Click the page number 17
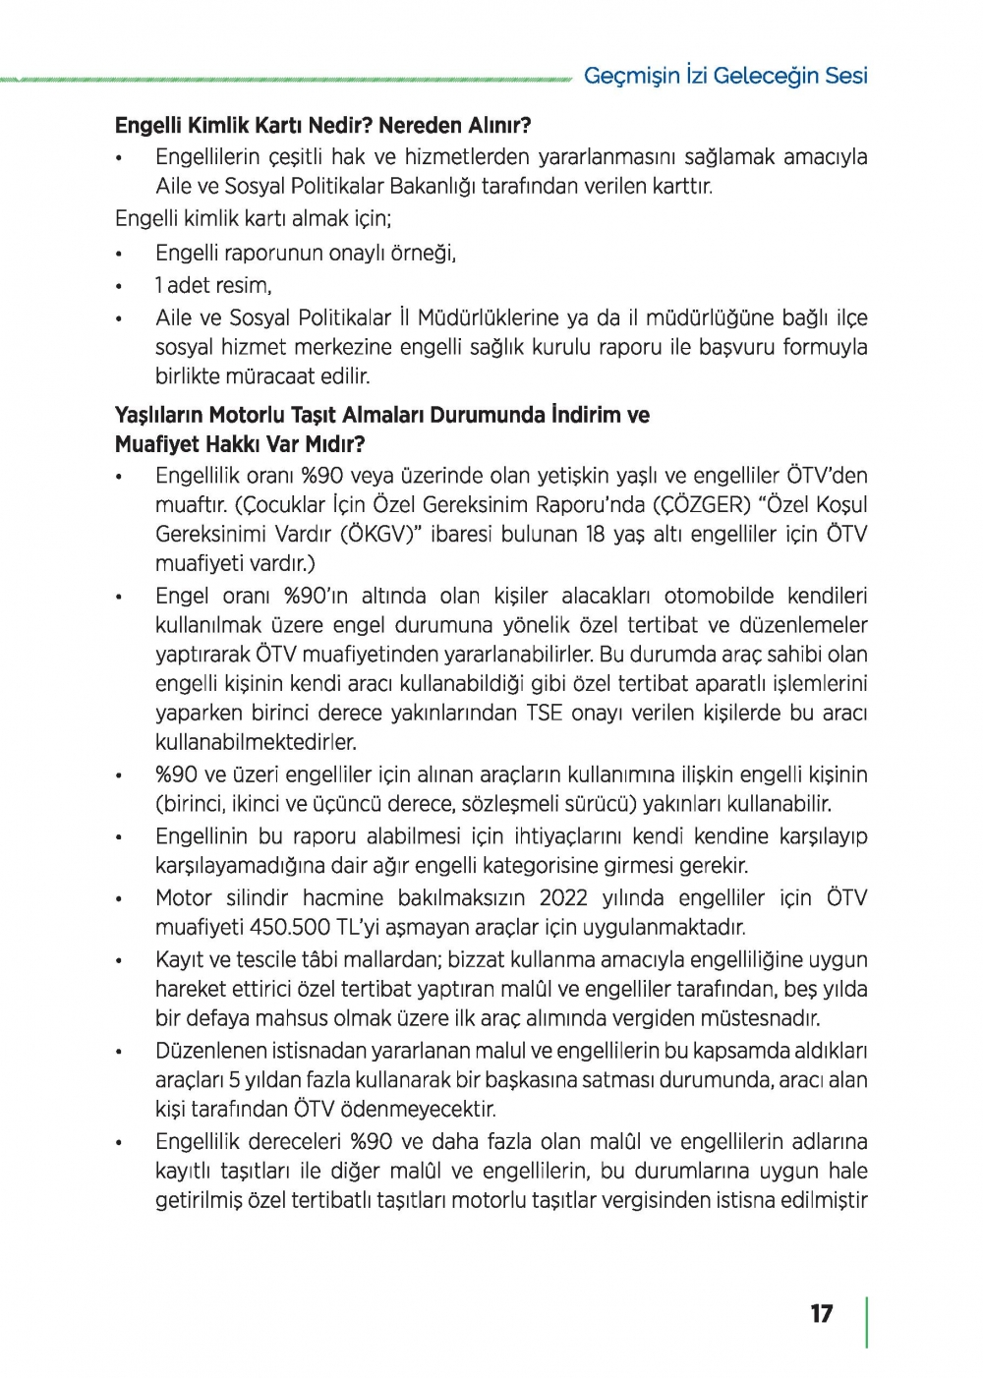[x=822, y=1314]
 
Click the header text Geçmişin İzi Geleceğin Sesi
[x=725, y=76]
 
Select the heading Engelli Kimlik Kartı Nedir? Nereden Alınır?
[x=322, y=126]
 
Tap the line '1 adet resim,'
[x=213, y=286]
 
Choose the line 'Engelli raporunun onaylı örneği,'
[x=306, y=254]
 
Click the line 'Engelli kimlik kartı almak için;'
[x=253, y=219]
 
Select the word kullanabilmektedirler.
[x=256, y=742]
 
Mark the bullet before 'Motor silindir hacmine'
[x=119, y=898]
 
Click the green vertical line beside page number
[x=866, y=1322]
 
